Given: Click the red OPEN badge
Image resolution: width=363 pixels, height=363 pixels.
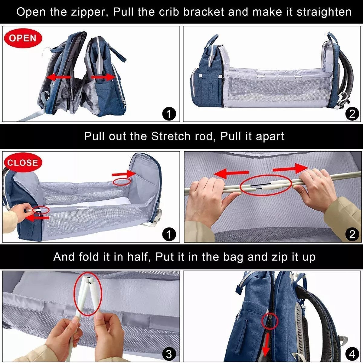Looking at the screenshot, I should click(x=23, y=38).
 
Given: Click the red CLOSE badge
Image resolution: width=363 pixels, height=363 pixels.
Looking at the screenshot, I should click(x=23, y=163).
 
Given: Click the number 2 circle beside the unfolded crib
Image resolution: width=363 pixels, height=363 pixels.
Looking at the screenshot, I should click(x=352, y=114).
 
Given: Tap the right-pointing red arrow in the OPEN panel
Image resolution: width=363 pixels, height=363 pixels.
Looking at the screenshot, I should click(x=103, y=77).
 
